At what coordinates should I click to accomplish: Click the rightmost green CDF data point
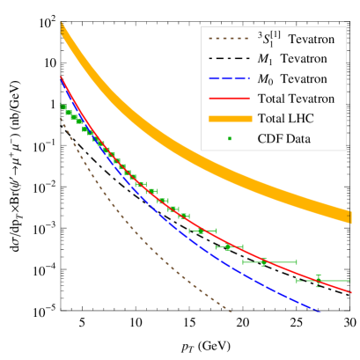pos(319,280)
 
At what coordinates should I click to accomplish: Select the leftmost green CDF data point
pos(62,107)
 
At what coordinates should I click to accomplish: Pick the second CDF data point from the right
pos(264,261)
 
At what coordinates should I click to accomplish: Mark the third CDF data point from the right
pos(228,247)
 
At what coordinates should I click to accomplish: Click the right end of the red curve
pos(350,291)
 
